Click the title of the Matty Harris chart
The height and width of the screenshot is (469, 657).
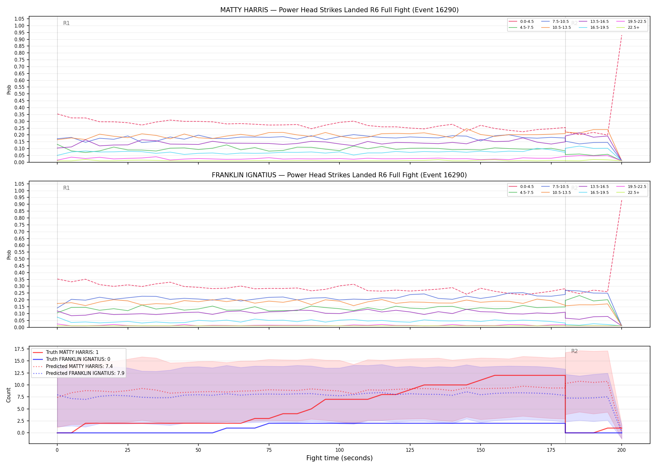pyautogui.click(x=339, y=10)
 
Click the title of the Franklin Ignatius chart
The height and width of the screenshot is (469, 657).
pyautogui.click(x=339, y=175)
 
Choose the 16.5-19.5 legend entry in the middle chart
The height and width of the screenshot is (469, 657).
pyautogui.click(x=593, y=193)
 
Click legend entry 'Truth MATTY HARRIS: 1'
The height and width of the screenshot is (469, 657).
pyautogui.click(x=66, y=352)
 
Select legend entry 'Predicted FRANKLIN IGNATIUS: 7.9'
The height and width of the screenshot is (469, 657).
pyautogui.click(x=79, y=373)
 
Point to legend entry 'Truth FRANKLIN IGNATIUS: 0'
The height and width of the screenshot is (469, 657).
pyautogui.click(x=72, y=359)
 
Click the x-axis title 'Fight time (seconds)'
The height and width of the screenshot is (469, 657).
pyautogui.click(x=339, y=458)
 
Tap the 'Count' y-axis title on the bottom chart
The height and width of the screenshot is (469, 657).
pyautogui.click(x=8, y=395)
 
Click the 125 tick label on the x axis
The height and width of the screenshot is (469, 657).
pyautogui.click(x=410, y=450)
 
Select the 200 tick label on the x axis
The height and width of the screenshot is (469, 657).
pyautogui.click(x=622, y=450)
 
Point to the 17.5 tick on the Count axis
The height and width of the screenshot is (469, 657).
pyautogui.click(x=20, y=349)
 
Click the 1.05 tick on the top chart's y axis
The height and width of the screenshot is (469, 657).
pyautogui.click(x=19, y=19)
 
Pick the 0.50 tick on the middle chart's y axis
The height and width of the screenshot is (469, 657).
pyautogui.click(x=19, y=259)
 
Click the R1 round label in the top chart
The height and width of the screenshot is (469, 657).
pyautogui.click(x=66, y=23)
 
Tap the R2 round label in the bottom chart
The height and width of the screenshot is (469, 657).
pyautogui.click(x=574, y=351)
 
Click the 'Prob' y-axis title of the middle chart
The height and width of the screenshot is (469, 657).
pyautogui.click(x=9, y=255)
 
